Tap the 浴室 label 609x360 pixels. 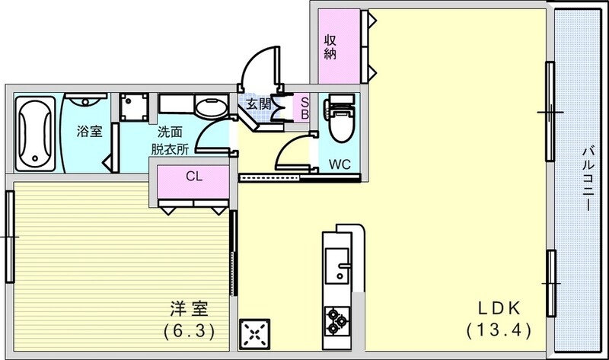(89, 132)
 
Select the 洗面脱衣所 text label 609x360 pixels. (170, 141)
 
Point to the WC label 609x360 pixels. (340, 163)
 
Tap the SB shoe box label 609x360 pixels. (304, 107)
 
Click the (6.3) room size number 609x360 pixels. (187, 331)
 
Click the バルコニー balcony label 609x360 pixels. (588, 180)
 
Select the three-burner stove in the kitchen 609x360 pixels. (336, 320)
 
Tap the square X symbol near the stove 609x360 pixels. (253, 332)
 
